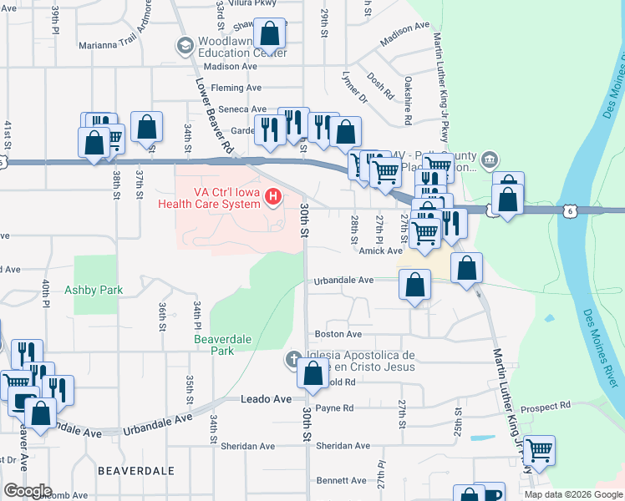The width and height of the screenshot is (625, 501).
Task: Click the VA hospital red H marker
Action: click(272, 197)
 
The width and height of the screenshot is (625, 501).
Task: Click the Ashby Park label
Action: click(94, 290)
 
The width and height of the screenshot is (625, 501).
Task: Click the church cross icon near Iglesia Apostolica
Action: click(293, 359)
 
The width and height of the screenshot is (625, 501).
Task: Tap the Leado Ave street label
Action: click(267, 399)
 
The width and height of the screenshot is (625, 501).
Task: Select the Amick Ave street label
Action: click(381, 250)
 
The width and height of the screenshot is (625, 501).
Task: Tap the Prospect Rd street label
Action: click(545, 407)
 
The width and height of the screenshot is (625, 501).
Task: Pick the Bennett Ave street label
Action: click(341, 480)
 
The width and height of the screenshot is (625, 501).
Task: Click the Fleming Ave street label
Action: click(236, 88)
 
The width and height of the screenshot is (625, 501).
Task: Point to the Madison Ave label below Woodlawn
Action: click(230, 66)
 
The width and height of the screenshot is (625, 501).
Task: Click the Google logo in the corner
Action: click(28, 491)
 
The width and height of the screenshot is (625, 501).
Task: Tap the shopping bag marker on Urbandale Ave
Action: click(415, 286)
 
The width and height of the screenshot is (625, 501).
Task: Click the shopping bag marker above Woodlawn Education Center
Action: click(271, 36)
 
